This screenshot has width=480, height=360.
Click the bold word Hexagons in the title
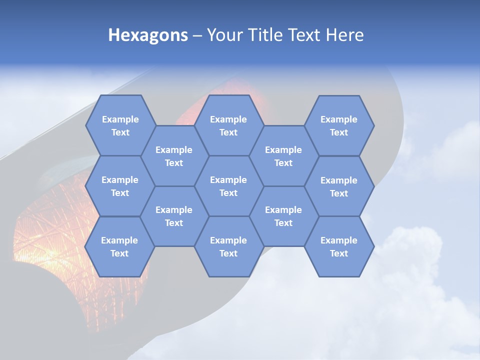148,35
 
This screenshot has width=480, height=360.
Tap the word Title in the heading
267,35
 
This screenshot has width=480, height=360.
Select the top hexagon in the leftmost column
120,125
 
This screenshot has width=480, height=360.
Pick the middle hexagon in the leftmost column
120,186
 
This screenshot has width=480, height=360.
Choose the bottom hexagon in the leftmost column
119,246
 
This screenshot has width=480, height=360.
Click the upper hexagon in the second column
174,156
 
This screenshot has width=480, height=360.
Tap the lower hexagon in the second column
174,216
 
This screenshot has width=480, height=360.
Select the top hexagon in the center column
228,125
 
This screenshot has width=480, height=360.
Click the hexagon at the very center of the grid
228,186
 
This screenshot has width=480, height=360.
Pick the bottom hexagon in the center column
228,246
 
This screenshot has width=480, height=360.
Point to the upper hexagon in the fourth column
283,156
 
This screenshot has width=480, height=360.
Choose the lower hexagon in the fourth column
283,216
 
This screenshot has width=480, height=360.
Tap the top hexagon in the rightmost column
339,125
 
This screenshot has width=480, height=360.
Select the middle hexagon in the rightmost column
339,186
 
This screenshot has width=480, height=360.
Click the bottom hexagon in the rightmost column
339,246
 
